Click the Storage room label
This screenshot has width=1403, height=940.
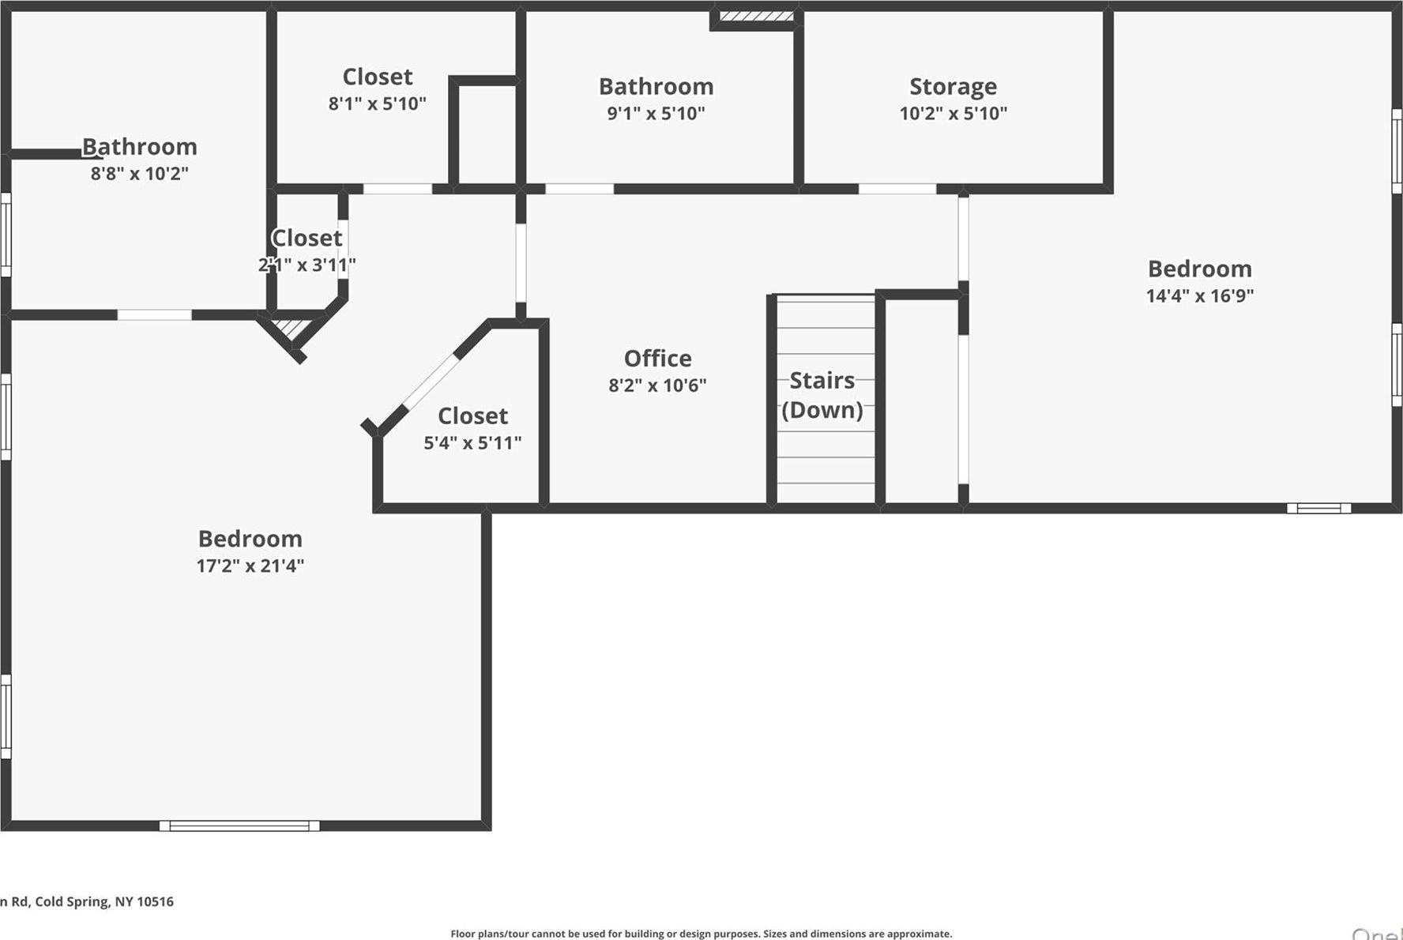point(953,86)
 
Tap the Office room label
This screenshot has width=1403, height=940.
point(657,359)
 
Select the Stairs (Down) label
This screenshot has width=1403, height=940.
point(822,395)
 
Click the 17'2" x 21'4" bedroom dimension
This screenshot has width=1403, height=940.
point(250,566)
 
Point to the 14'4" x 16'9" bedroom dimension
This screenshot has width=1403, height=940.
point(1199,295)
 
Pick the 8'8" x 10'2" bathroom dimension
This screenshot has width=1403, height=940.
point(139,173)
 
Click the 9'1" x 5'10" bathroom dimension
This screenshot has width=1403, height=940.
point(656,113)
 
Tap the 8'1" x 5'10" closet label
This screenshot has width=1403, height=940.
point(377,77)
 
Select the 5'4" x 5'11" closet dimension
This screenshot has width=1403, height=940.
point(472,442)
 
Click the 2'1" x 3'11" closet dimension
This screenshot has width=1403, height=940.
point(307,265)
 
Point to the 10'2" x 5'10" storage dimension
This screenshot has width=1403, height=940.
point(953,113)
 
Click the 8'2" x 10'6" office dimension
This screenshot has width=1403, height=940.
point(657,385)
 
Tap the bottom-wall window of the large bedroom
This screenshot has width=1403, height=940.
point(239,825)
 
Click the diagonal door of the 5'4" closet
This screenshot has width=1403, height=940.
point(431,382)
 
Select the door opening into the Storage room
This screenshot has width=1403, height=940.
point(897,189)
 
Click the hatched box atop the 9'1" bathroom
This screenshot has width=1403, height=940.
point(756,16)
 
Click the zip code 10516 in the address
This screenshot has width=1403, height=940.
point(155,901)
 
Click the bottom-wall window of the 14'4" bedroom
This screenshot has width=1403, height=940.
point(1318,508)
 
